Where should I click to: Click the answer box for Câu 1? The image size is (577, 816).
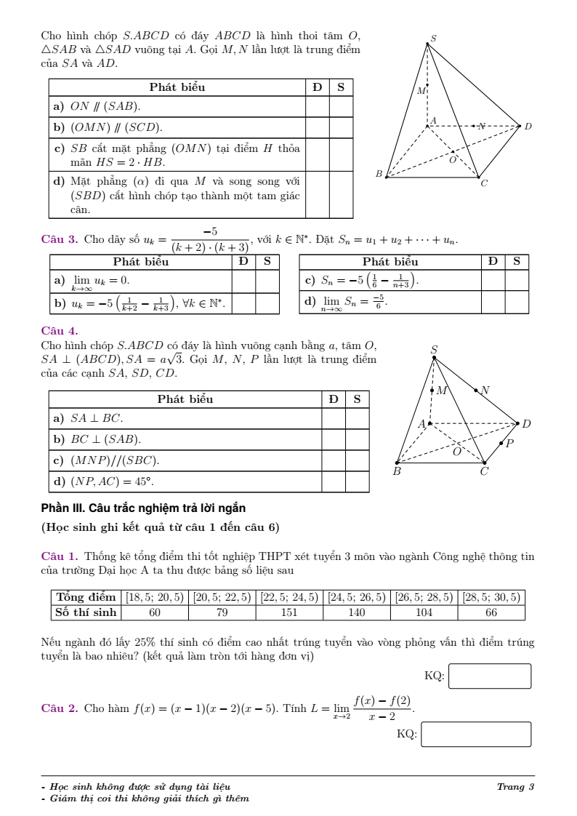pos(491,676)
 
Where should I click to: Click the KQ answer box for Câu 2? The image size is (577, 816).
pos(476,734)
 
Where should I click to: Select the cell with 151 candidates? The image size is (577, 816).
pos(290,612)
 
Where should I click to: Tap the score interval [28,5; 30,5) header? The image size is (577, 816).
pos(491,597)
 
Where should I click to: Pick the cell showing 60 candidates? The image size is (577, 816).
pos(154,612)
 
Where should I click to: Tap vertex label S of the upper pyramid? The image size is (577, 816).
pos(434,39)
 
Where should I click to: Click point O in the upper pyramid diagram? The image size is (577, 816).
pos(452,159)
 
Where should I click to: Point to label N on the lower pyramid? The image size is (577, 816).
pos(485,391)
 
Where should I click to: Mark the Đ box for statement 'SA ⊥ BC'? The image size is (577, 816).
pos(333,418)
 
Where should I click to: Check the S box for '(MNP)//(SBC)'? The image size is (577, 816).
pos(357,460)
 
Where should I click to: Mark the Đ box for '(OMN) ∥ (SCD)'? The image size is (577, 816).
pos(317,127)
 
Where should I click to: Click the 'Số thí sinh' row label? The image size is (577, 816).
pos(86,612)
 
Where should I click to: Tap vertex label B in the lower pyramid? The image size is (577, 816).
pos(396,471)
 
